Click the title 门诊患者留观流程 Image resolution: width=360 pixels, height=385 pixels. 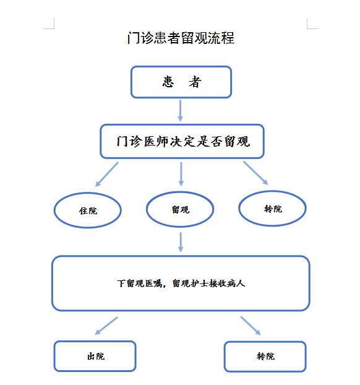click(181, 38)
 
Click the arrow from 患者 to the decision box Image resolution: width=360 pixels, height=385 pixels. click(180, 111)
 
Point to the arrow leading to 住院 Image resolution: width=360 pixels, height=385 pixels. click(107, 175)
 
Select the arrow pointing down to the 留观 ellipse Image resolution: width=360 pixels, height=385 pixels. click(181, 174)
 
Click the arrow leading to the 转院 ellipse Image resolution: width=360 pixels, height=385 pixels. click(255, 173)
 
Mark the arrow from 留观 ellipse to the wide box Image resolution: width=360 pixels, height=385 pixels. click(181, 242)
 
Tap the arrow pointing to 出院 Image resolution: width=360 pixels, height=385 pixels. click(106, 326)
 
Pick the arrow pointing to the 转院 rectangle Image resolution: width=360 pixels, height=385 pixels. click(251, 326)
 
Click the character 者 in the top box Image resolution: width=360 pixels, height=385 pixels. click(195, 82)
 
